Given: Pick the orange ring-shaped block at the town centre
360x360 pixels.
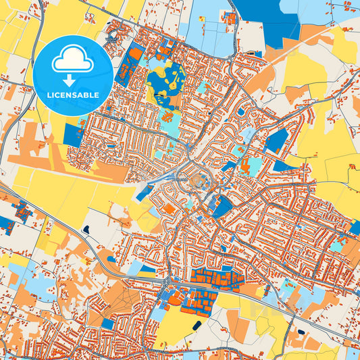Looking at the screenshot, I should pos(201,181).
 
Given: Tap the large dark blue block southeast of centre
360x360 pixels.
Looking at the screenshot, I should pos(222,206).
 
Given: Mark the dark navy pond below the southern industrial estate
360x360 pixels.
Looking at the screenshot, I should pos(196,326).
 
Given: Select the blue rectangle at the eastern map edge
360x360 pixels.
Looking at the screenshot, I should pos(355,228).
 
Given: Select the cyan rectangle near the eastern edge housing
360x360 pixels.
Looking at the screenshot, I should pos(336,246).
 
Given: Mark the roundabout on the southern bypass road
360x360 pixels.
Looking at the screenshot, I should pos(166,279).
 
